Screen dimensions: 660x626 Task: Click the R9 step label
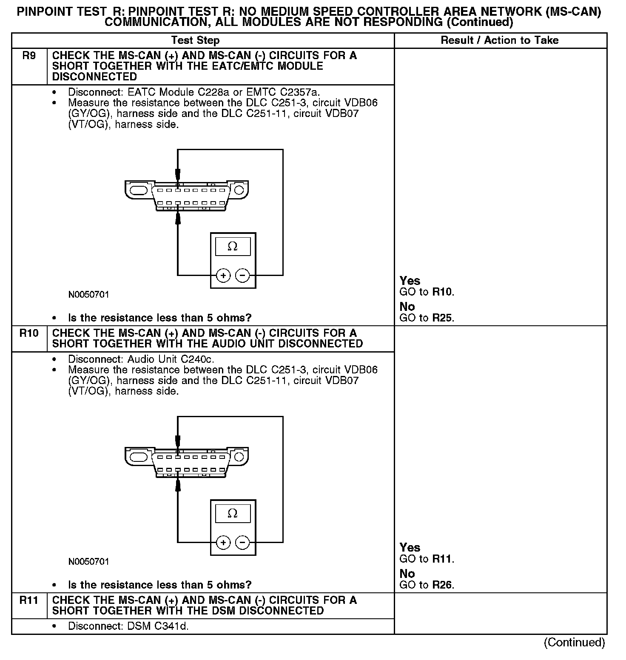tap(29, 56)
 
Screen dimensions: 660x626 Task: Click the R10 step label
tap(29, 333)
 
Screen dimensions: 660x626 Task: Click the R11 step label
tap(29, 600)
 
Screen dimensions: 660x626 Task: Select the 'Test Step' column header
tap(195, 40)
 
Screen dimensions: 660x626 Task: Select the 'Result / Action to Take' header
tap(500, 40)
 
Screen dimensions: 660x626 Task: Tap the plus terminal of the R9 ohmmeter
tap(223, 276)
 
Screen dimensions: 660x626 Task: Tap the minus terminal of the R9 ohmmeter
tap(242, 276)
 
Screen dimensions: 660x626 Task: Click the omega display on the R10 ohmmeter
tap(233, 514)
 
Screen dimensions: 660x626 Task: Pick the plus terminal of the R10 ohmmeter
tap(223, 543)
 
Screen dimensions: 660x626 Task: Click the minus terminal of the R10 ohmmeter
tap(242, 543)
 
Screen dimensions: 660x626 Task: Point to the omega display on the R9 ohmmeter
tap(233, 247)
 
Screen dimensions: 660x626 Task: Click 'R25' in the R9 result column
tap(442, 318)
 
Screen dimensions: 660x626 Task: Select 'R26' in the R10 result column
tap(442, 585)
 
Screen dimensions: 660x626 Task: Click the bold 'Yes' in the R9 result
tap(410, 281)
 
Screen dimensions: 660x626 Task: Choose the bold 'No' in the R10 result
tap(407, 574)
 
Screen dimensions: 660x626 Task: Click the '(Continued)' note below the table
tap(574, 642)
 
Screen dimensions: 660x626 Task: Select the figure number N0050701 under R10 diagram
tap(88, 562)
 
